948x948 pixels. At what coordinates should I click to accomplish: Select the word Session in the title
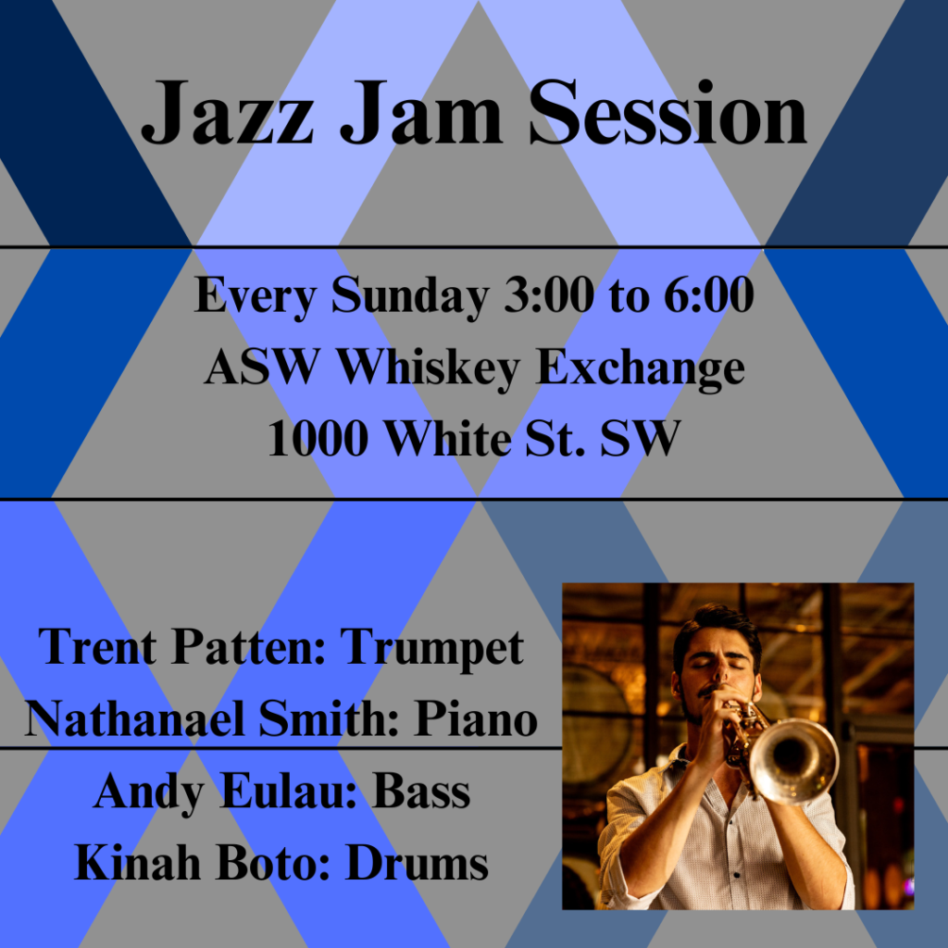click(668, 113)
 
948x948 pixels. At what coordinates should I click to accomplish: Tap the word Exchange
click(640, 368)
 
